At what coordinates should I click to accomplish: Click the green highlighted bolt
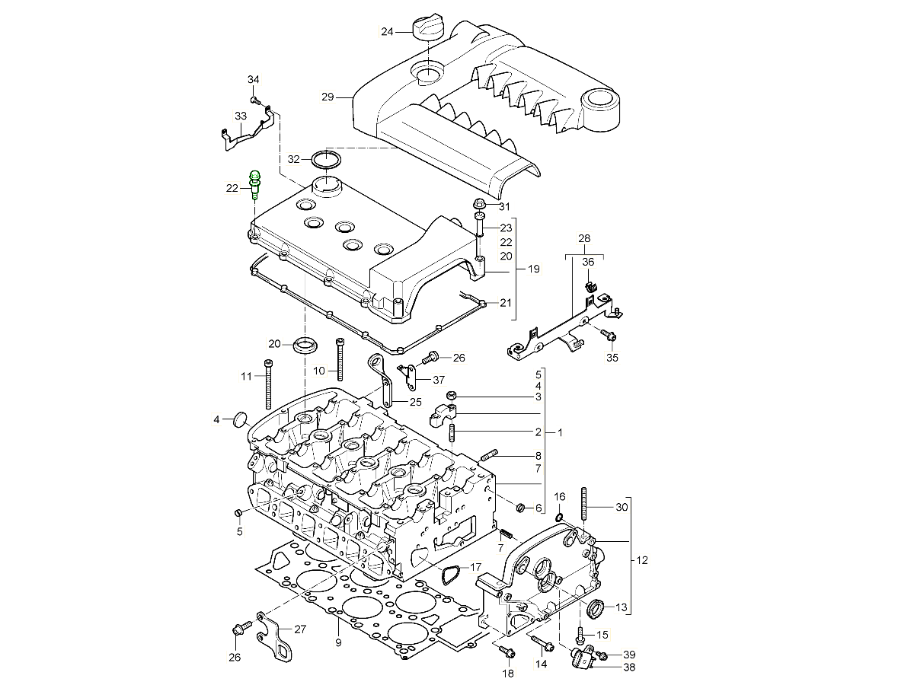[x=255, y=185]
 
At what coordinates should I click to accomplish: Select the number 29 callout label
[x=328, y=97]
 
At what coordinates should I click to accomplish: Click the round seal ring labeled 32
[x=327, y=160]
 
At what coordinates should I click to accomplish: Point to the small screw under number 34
[x=255, y=100]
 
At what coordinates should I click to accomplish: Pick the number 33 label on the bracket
[x=241, y=116]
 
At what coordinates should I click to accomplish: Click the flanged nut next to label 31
[x=480, y=204]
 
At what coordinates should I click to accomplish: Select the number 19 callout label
[x=533, y=269]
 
